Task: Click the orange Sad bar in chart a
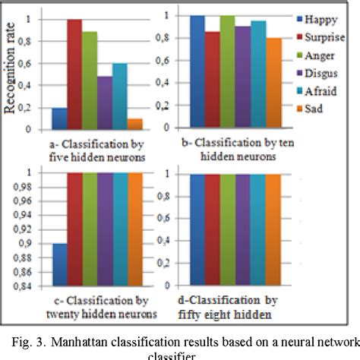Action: (134, 124)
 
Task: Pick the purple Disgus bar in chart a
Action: (104, 103)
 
